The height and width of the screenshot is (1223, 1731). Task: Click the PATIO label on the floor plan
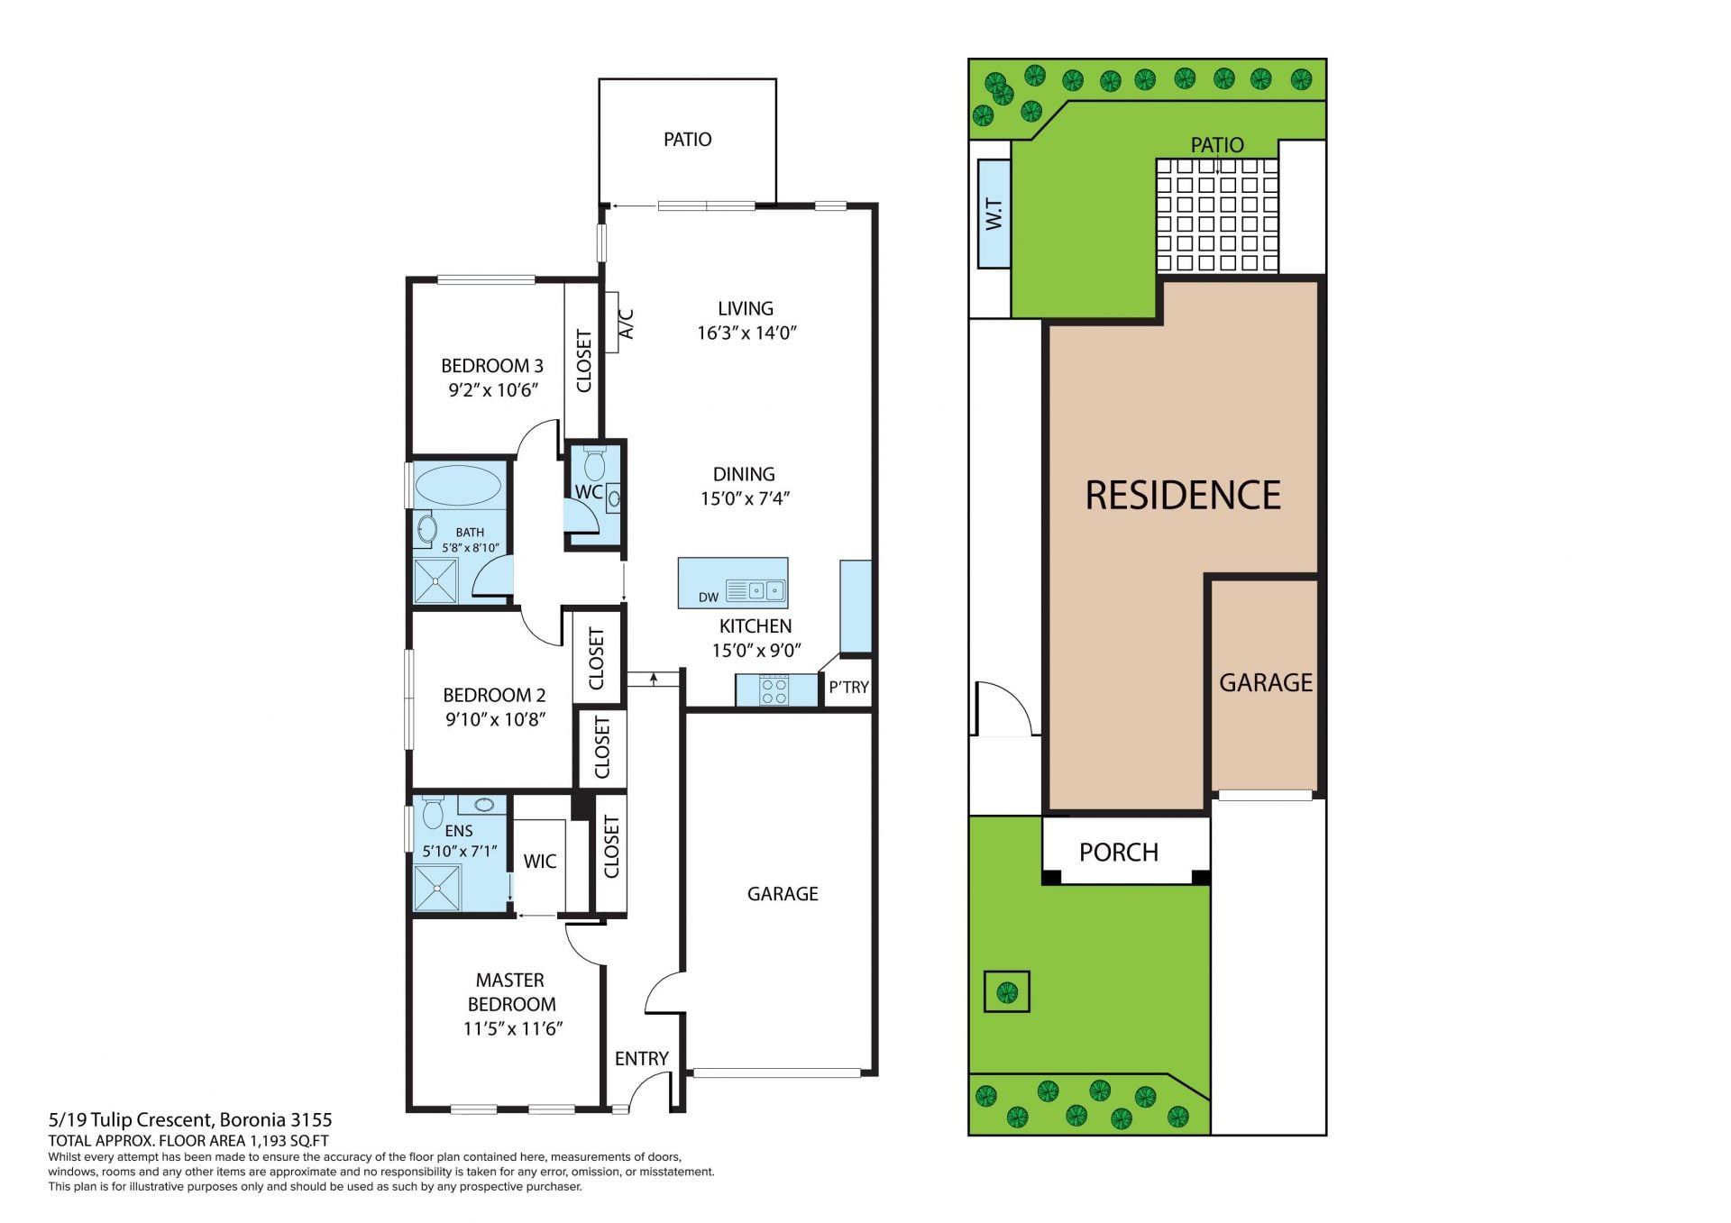(x=687, y=140)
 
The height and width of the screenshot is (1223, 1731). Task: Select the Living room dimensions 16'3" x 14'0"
(x=746, y=333)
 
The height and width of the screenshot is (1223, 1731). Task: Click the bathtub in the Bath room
(x=458, y=485)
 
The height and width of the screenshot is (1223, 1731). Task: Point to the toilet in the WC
(x=594, y=463)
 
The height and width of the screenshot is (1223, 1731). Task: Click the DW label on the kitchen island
(x=709, y=597)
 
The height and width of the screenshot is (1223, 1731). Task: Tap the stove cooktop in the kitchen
(x=774, y=690)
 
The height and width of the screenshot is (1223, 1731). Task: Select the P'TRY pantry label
(x=848, y=687)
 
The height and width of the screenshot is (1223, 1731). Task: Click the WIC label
(x=540, y=862)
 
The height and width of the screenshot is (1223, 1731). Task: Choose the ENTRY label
(x=642, y=1058)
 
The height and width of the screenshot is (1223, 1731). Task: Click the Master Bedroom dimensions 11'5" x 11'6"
(x=513, y=1028)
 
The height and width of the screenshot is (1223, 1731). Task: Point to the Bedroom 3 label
(x=492, y=366)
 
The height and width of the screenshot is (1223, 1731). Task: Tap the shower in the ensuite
(x=437, y=888)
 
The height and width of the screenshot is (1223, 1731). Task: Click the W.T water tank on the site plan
(x=994, y=214)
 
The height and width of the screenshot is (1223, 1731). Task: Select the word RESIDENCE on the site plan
(x=1183, y=495)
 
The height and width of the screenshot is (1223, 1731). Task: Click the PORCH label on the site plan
(x=1119, y=852)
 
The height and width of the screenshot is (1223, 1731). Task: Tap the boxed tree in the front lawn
(x=1006, y=992)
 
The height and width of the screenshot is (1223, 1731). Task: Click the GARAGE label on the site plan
(x=1266, y=683)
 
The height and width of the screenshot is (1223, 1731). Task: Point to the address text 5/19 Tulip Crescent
(x=131, y=1120)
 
